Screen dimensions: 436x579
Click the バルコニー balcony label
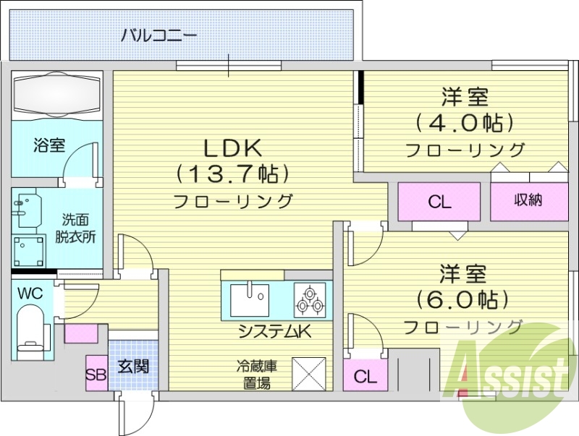coord(159,34)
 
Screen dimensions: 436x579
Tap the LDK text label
coord(232,148)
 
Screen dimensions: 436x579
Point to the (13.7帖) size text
coord(232,174)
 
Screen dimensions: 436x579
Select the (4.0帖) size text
coord(465,122)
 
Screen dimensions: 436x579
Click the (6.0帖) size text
coord(462,299)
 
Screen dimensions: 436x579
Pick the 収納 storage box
coord(528,201)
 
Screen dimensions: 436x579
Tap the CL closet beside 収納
coord(439,202)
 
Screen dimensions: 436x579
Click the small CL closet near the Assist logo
coord(365,377)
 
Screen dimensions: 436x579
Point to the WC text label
coord(30,294)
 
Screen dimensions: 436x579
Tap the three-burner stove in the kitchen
coord(309,300)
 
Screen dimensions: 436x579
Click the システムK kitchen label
coord(275,333)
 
